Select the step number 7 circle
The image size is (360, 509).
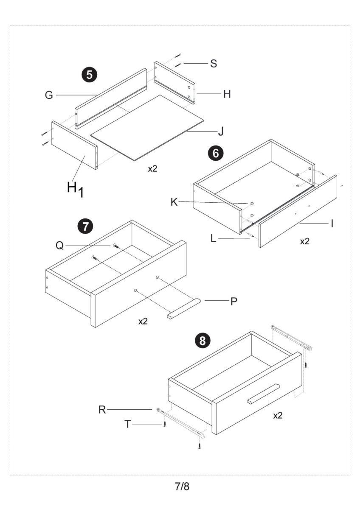click(x=86, y=227)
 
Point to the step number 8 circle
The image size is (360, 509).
click(x=204, y=340)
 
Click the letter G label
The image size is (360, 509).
click(x=49, y=95)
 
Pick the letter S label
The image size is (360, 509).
click(x=214, y=64)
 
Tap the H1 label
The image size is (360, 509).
click(x=75, y=189)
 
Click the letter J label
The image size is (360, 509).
click(x=220, y=131)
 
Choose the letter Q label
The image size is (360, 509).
click(x=60, y=246)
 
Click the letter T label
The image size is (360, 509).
click(x=127, y=424)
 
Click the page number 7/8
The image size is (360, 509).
click(x=183, y=487)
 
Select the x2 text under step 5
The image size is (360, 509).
click(x=152, y=169)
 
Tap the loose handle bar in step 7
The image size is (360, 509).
click(x=183, y=309)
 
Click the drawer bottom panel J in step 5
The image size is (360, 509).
click(x=149, y=127)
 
